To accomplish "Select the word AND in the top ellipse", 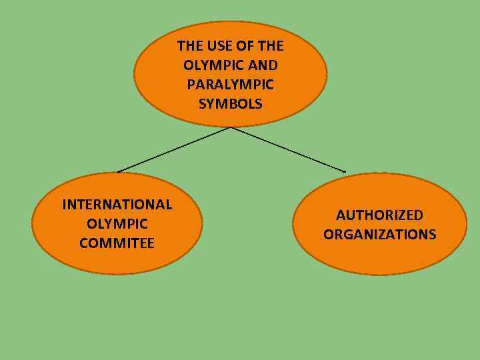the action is point(263,65).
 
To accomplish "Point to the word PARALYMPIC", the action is point(231,85).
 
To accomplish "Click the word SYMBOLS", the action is point(231,104).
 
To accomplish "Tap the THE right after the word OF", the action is point(269,46).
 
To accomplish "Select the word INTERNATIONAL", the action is point(117,204).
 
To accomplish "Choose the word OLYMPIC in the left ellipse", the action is point(117,223).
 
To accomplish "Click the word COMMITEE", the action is point(117,243).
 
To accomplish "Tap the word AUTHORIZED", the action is point(379,215).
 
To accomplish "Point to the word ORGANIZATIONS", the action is point(379,235).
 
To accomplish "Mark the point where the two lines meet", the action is point(231,127).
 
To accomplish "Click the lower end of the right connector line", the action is point(345,172).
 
